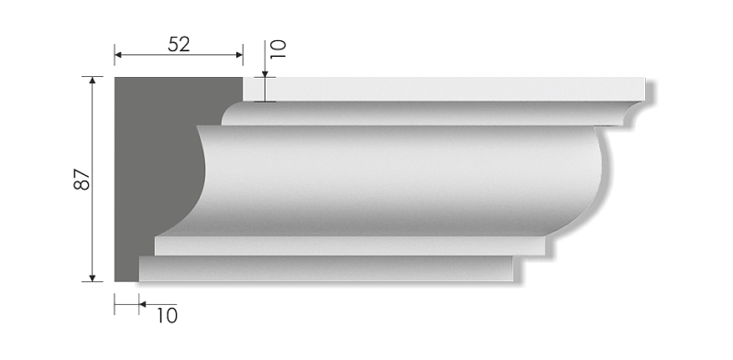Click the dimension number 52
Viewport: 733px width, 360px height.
(x=180, y=43)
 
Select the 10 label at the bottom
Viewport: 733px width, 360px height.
(x=166, y=316)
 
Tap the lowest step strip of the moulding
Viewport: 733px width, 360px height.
(x=321, y=268)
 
